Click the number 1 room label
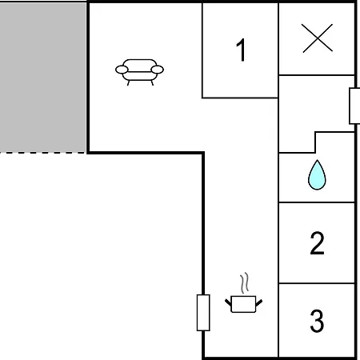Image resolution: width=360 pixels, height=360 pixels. tap(241, 50)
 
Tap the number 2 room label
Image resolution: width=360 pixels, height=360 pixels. tap(317, 243)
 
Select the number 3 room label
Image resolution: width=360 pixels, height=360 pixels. tap(317, 320)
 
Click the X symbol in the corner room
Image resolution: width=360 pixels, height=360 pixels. tap(317, 38)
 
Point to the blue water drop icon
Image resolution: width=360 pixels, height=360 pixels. tap(317, 175)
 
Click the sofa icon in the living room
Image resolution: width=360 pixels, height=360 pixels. tap(139, 72)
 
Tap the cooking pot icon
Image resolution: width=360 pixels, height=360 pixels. tap(243, 304)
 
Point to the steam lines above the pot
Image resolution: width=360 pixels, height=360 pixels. tap(245, 283)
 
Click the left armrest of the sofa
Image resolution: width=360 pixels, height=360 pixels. tap(122, 70)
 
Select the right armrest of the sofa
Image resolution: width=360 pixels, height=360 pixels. tap(157, 70)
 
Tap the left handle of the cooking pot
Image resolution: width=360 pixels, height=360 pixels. tap(228, 302)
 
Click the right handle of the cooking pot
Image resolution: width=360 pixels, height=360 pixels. tap(259, 302)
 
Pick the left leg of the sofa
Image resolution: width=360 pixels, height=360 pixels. tap(128, 83)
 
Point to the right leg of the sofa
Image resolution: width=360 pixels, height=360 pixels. tap(152, 83)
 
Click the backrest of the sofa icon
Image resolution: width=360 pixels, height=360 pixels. tap(140, 66)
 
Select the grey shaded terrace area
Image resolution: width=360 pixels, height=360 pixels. tap(43, 78)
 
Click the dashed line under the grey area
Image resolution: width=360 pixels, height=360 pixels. tap(43, 153)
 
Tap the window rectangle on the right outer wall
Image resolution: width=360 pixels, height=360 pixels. tap(354, 106)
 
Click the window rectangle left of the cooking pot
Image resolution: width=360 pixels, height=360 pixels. tap(203, 313)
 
